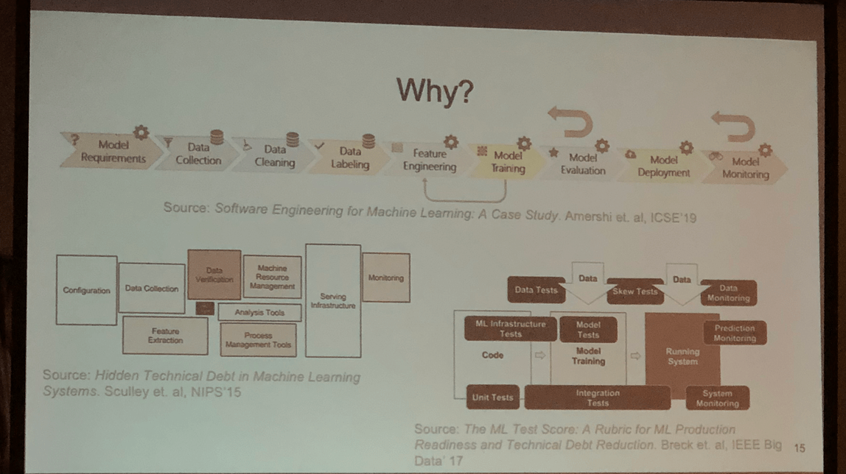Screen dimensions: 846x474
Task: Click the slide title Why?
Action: [x=434, y=91]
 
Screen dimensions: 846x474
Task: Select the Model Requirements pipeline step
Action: [x=113, y=152]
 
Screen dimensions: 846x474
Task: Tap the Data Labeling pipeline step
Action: [x=350, y=158]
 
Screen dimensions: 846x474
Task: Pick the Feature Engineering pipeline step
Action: [x=429, y=160]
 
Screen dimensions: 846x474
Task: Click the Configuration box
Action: [x=86, y=290]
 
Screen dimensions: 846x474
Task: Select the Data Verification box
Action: [x=214, y=275]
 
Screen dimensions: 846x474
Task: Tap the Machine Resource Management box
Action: [x=272, y=277]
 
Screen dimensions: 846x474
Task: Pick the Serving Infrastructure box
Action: [x=333, y=300]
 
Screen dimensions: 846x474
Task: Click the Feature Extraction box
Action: [x=164, y=336]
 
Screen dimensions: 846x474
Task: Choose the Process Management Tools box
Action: [x=258, y=339]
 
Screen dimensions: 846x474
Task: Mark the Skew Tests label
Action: [x=634, y=291]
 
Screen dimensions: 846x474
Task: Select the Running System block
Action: [x=682, y=356]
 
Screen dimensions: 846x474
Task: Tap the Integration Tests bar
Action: [x=598, y=398]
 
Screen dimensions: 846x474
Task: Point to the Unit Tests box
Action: [x=492, y=397]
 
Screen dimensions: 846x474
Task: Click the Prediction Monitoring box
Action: [x=734, y=333]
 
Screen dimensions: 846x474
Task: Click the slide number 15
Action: [x=800, y=448]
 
